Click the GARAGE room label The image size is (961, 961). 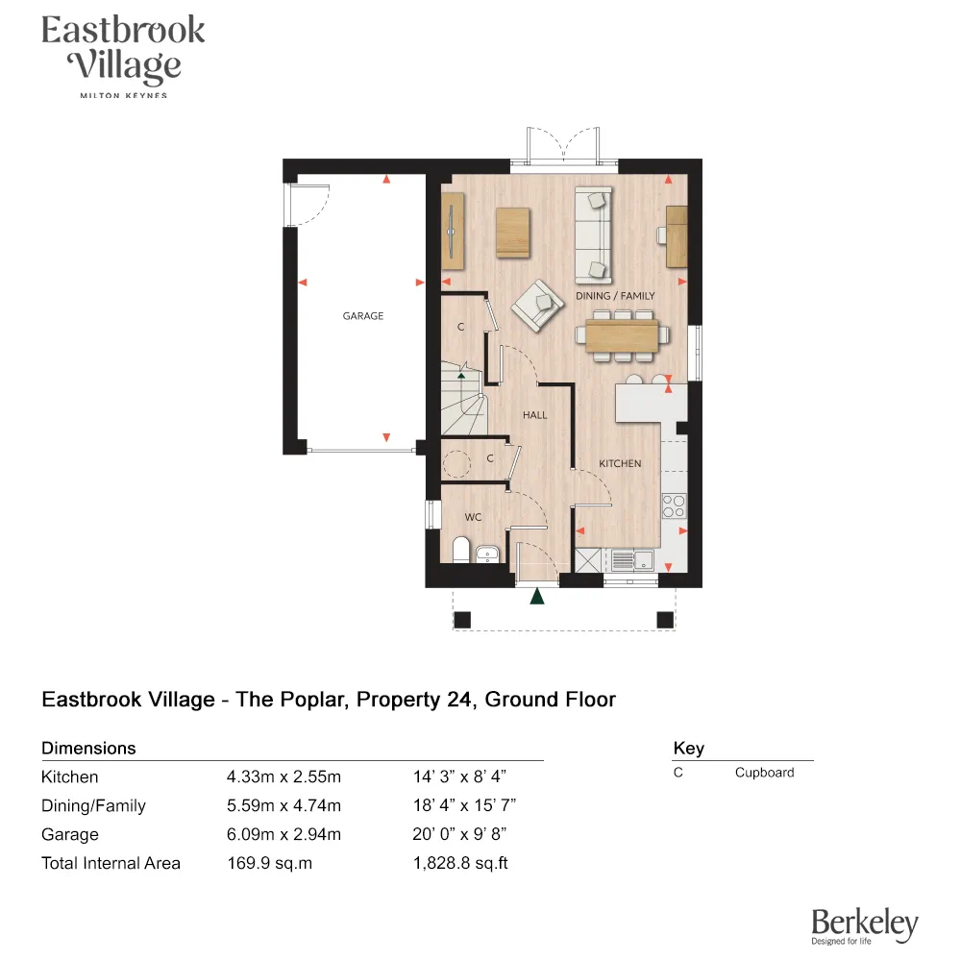coord(363,316)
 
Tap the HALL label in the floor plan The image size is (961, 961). coord(535,415)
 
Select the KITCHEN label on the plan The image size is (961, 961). coord(620,463)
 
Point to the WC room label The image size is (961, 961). coord(473,517)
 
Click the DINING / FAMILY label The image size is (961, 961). coord(615,296)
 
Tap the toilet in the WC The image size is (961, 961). coord(459,552)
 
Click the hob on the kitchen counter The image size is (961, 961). coord(674,505)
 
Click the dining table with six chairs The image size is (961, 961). coord(621,335)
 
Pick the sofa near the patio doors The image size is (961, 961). coord(593,232)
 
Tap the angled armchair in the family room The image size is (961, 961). coord(537,306)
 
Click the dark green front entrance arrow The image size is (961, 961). coord(537,597)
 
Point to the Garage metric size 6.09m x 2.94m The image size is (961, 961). coord(283,834)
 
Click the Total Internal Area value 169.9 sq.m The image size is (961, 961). coord(270,863)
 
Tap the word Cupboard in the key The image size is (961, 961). coord(764,773)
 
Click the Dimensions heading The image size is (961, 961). coord(88,748)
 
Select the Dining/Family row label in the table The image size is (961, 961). coord(93,805)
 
